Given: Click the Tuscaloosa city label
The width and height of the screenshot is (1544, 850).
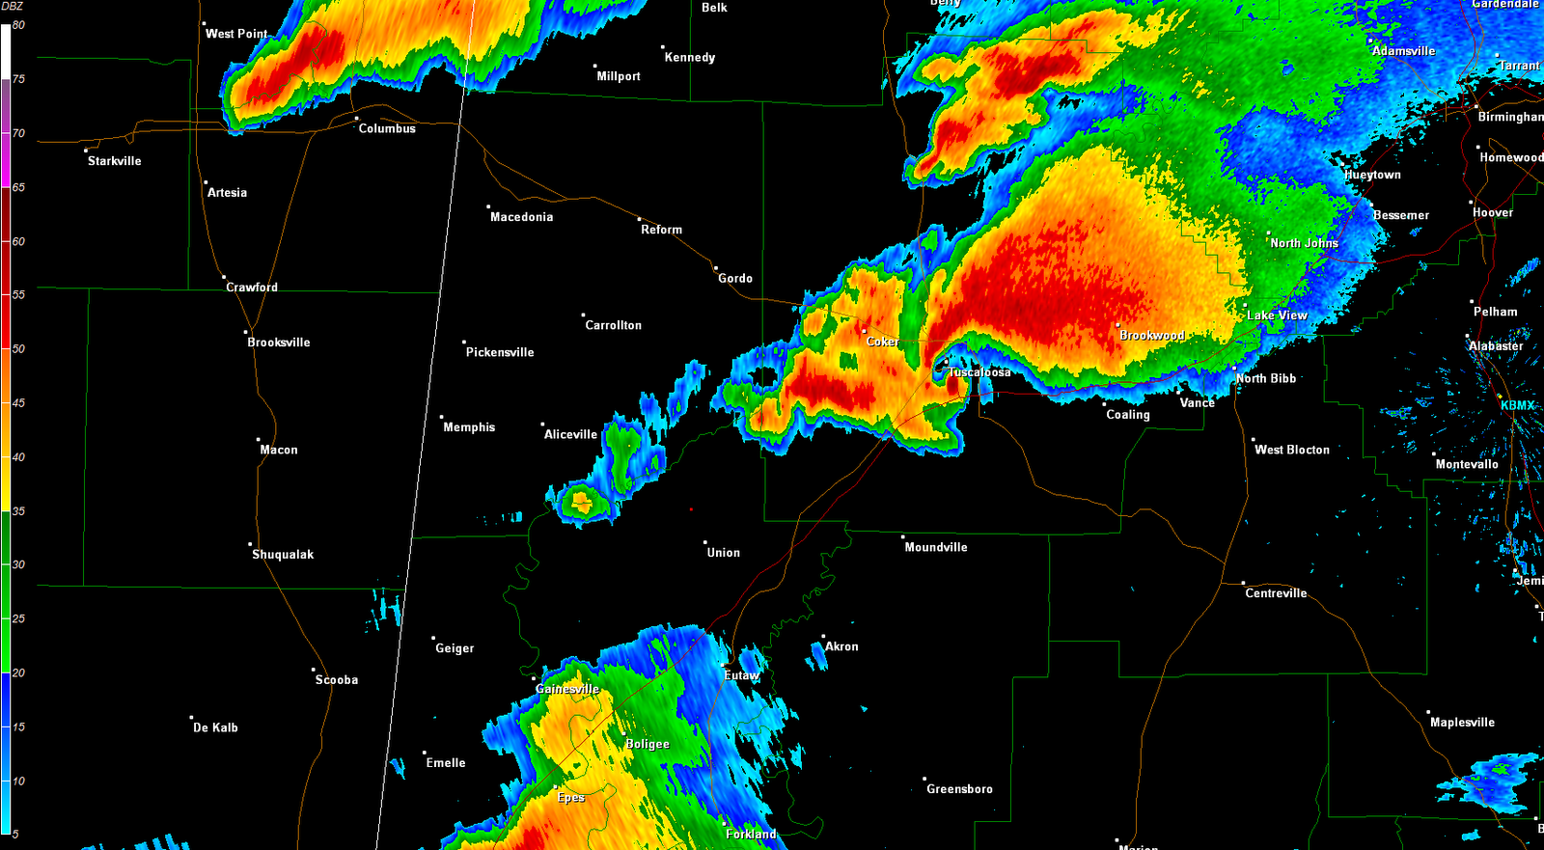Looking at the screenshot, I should (x=979, y=372).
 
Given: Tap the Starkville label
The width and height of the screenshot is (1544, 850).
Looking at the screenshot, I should (x=114, y=161).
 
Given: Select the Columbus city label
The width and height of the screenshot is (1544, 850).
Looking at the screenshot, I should (x=387, y=128).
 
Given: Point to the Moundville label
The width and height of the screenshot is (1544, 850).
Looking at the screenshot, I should (x=935, y=547).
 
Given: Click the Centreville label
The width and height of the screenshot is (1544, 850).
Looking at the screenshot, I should (x=1276, y=593).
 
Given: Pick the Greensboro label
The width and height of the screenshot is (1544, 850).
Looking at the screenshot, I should (x=959, y=789).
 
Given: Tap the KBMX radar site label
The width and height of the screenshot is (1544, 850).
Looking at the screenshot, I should (x=1518, y=405).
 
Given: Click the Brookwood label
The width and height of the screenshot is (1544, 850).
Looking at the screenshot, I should (x=1152, y=336).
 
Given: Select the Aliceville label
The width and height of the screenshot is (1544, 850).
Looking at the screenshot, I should (x=570, y=434).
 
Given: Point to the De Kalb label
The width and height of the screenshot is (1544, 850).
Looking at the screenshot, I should (x=215, y=727).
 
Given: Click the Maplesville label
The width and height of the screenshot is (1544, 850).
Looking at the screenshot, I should (x=1462, y=723).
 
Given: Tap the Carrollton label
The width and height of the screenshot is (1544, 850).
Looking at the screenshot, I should (x=613, y=325).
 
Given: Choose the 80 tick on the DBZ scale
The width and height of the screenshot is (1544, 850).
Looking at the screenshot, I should (x=18, y=25).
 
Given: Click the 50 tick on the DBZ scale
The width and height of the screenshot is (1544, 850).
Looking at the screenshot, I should (x=18, y=348).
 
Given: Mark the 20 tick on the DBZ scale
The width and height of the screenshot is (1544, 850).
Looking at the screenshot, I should (x=18, y=672).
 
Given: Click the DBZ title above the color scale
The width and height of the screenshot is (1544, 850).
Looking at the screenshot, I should (x=12, y=7).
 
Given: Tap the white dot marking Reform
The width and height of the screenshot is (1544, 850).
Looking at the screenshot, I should (x=639, y=218).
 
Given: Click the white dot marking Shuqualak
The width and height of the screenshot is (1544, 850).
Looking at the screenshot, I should (x=250, y=544).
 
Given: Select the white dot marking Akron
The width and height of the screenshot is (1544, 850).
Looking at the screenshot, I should (x=823, y=637).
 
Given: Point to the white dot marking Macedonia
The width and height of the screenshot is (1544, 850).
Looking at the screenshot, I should (x=488, y=206).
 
